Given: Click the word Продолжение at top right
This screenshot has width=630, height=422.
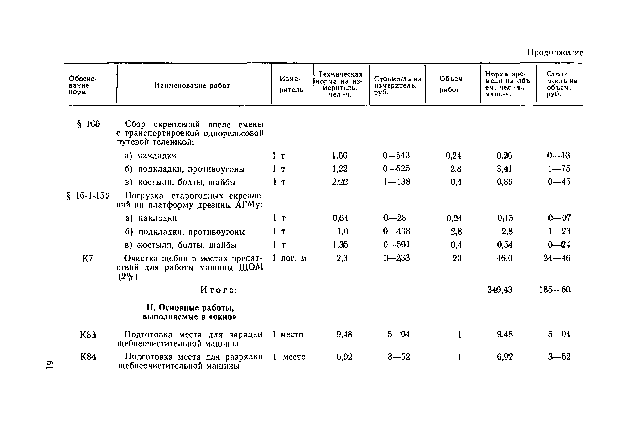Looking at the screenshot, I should pos(555,53).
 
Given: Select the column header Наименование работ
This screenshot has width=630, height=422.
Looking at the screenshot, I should pos(192,86).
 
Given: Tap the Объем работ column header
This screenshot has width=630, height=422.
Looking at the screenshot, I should pos(451,84).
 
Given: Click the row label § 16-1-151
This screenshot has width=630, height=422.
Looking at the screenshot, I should pos(88,196).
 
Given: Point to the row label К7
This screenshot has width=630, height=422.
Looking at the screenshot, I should pos(88,259).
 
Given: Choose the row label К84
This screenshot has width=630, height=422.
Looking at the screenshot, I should pos(88,357).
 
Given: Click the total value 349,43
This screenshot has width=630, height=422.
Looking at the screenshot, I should pos(500,290).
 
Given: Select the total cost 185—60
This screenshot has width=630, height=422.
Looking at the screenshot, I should pos(555,290).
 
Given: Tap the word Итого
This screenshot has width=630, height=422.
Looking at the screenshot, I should pos(218,290).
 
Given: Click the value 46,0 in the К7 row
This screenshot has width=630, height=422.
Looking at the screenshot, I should pos(505,258).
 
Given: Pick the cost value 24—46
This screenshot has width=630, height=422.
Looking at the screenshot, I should pos(557,258).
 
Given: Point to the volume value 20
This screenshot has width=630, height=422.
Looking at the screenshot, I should pos(457,258).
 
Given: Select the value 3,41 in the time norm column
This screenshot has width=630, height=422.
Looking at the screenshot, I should pos(504,169).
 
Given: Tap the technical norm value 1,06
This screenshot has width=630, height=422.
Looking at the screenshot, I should pos(340,156).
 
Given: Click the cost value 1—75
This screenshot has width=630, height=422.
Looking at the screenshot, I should pos(559,169).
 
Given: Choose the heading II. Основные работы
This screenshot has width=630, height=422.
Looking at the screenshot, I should pos(190,308).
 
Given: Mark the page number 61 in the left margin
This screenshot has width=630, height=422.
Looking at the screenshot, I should pos(50,365).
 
